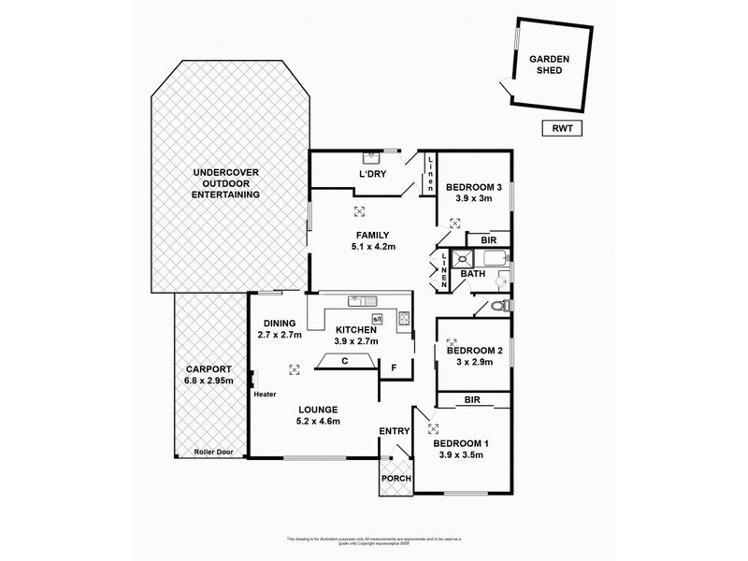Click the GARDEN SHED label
point(550,63)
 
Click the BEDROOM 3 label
point(472,186)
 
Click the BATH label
point(472,274)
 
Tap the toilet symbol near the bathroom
point(504,305)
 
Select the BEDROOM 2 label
point(473,351)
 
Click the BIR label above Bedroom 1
point(473,400)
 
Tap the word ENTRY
point(394,431)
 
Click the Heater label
point(265,395)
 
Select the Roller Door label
point(212,453)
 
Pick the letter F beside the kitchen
point(396,367)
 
